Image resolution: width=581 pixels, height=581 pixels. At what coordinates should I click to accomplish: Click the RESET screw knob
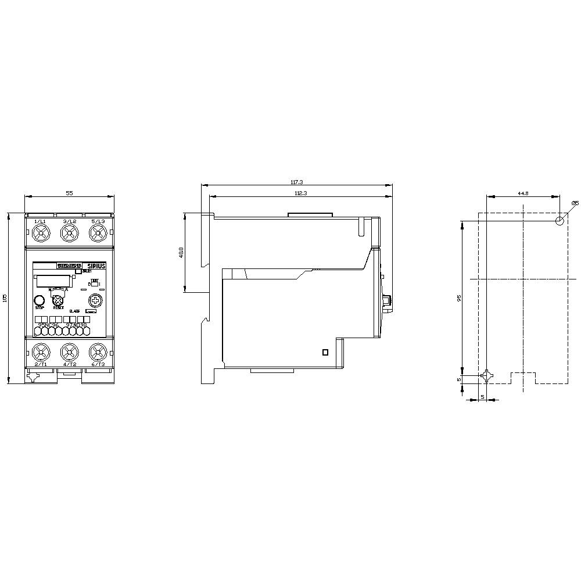pos(58,300)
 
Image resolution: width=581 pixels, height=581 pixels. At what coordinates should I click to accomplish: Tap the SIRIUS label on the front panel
pos(96,266)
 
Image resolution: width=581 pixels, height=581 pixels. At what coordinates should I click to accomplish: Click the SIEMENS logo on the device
pos(70,266)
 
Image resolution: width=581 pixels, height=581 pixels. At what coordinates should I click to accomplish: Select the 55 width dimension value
pos(69,193)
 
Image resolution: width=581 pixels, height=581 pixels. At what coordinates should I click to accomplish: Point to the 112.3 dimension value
pos(300,192)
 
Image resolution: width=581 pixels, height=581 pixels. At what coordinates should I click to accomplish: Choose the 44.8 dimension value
pos(522,193)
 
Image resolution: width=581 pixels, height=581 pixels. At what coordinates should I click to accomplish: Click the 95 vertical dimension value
pos(459,297)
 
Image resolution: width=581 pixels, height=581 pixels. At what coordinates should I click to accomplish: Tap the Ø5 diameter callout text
pos(575,202)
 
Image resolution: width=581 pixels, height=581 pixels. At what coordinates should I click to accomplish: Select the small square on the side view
pos(325,352)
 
